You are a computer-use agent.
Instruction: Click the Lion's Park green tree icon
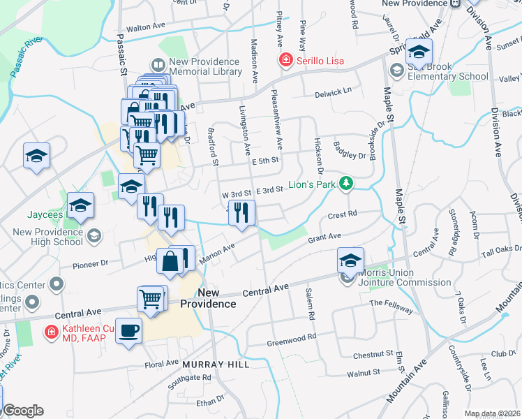(345, 184)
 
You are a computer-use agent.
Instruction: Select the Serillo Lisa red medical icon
(285, 61)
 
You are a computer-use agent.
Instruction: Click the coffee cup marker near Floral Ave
(128, 330)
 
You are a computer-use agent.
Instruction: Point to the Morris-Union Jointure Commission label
(405, 277)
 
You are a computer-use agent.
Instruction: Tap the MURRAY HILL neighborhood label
(211, 365)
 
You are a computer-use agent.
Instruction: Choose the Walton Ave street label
(145, 27)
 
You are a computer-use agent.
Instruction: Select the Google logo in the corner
(23, 411)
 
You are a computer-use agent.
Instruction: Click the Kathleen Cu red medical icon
(51, 332)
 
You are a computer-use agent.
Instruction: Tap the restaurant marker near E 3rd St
(241, 212)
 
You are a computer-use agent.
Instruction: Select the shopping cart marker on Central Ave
(151, 299)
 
